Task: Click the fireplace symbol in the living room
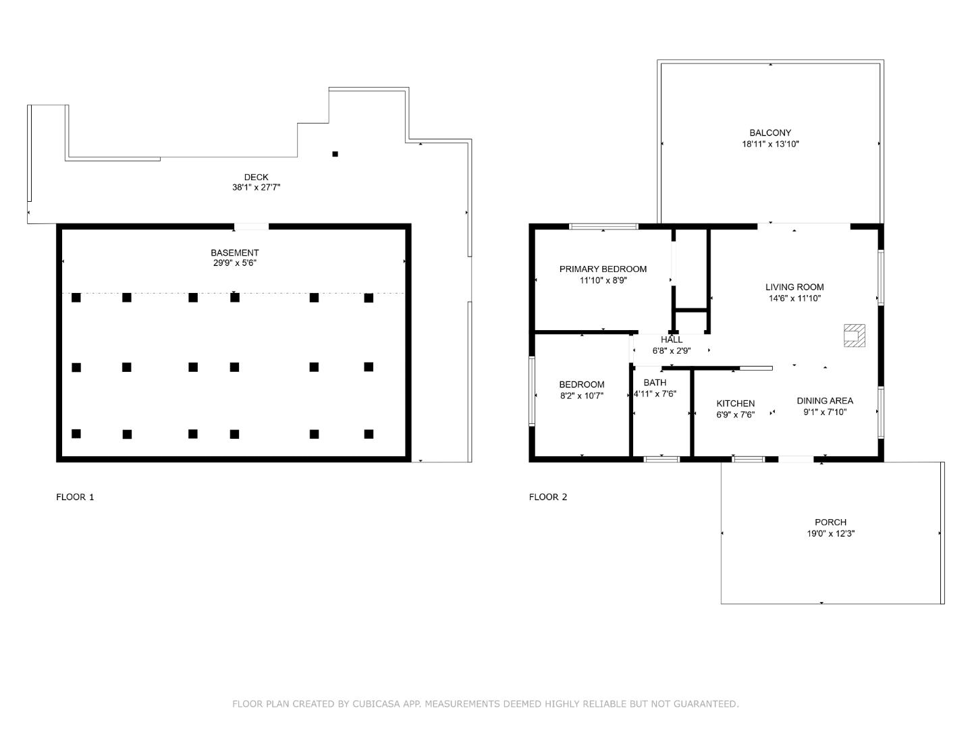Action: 854,335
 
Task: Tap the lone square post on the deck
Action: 335,154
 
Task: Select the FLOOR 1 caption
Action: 75,497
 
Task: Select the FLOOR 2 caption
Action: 548,497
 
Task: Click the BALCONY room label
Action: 770,132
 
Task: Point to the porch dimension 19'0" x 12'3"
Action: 830,533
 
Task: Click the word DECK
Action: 256,177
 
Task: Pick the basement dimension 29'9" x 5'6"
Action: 235,263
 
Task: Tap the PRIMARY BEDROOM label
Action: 603,269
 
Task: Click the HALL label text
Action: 672,340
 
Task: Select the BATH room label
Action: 655,383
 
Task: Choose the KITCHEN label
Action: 736,403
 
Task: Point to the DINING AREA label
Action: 825,400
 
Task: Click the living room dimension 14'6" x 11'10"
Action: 794,298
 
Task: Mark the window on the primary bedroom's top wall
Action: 603,227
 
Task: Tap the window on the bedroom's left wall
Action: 532,391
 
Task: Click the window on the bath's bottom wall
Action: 661,459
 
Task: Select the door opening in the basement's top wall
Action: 251,227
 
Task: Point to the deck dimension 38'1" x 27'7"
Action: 256,187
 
